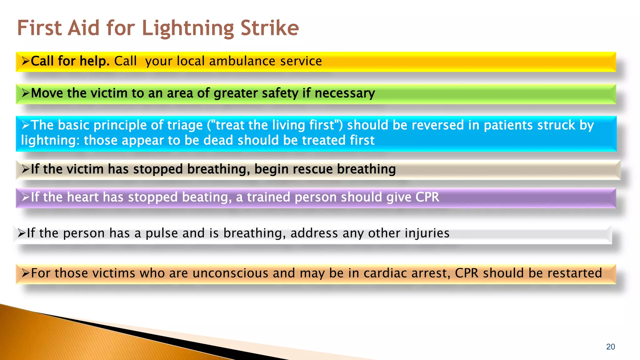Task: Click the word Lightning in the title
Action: point(188,28)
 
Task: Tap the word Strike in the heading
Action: point(270,28)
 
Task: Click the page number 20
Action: point(610,347)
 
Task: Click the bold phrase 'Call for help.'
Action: point(70,61)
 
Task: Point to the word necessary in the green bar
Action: point(345,93)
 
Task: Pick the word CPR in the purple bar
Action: point(427,197)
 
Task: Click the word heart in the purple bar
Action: point(82,197)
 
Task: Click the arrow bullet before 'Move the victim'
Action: point(25,93)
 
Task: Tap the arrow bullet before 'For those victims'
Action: point(25,273)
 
